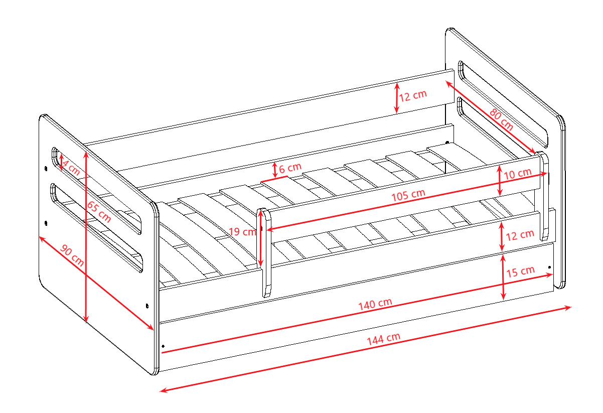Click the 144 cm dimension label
[384, 339]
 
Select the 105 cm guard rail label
[408, 195]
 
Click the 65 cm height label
[99, 212]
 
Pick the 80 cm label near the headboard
[501, 119]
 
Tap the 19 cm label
[242, 231]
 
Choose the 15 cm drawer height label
[520, 271]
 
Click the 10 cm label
[517, 174]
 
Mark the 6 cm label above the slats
[290, 168]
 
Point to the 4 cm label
[71, 168]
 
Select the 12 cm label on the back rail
[413, 96]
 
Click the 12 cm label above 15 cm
[520, 235]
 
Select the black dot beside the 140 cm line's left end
[163, 346]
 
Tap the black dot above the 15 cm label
[549, 267]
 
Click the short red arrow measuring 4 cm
[61, 163]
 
